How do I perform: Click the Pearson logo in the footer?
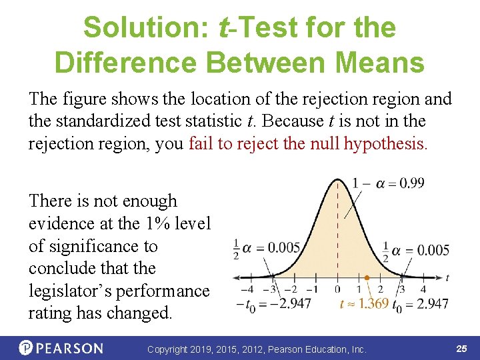(x=61, y=348)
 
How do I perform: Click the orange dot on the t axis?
(x=367, y=277)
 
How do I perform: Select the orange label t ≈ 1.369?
(x=363, y=305)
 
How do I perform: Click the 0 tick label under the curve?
(x=337, y=290)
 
